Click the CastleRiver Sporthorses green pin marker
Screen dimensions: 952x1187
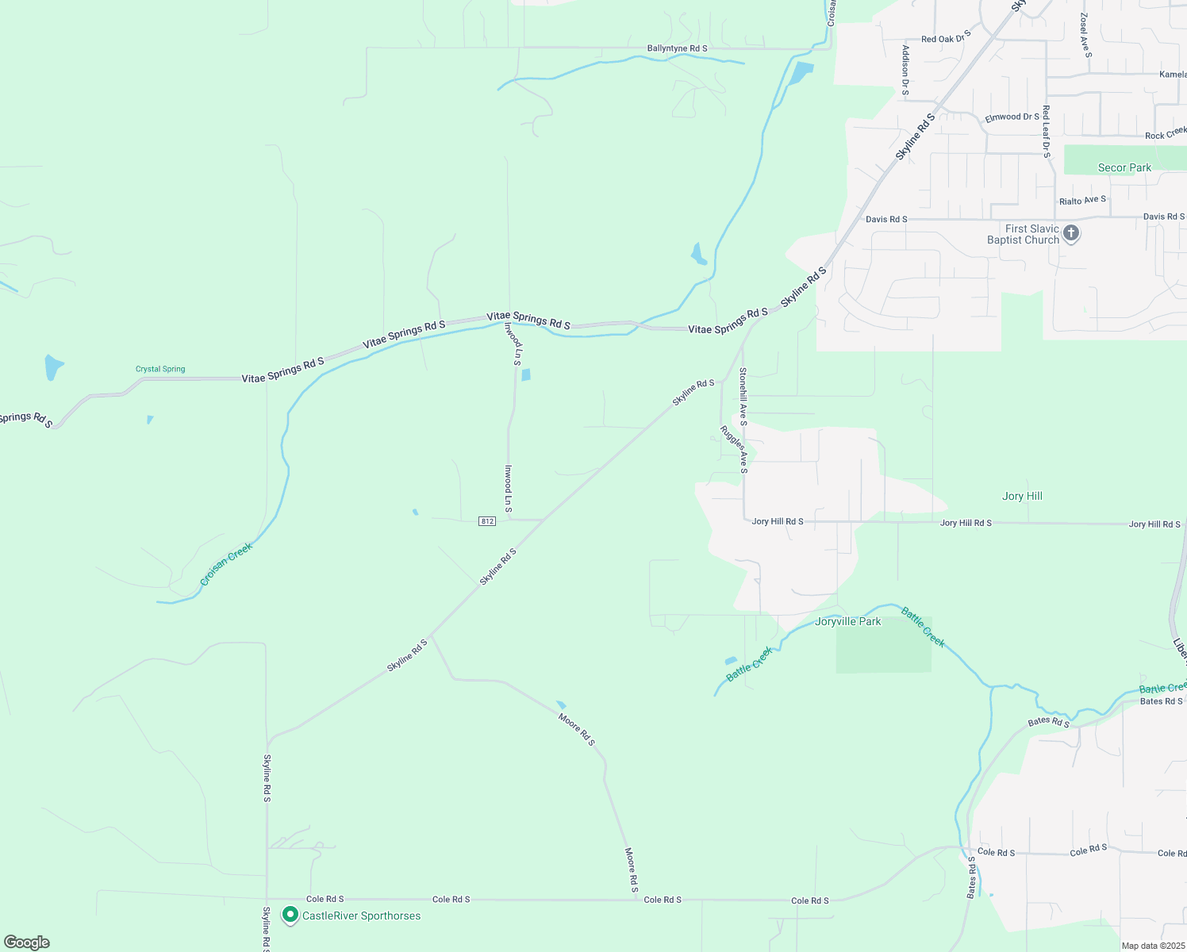tap(290, 916)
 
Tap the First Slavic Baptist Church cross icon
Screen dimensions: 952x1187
tap(1071, 233)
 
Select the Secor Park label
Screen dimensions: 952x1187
tap(1124, 167)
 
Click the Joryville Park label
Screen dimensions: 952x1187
tap(847, 621)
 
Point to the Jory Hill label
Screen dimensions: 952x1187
tap(1022, 496)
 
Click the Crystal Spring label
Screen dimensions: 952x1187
tap(160, 369)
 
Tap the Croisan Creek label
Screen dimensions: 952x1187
tap(226, 563)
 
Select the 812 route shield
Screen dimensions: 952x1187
tap(487, 521)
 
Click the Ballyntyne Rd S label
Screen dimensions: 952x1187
tap(677, 48)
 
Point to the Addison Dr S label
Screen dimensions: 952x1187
tap(905, 70)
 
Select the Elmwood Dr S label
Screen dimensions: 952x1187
tap(1012, 117)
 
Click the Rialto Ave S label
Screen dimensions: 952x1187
tap(1082, 200)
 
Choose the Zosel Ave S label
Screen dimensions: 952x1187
tap(1085, 35)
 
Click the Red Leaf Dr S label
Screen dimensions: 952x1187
tap(1047, 131)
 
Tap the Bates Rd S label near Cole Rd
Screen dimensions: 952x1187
tap(972, 877)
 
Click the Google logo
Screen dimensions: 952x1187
tap(27, 942)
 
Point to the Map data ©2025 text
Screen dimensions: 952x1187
tap(1153, 946)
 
